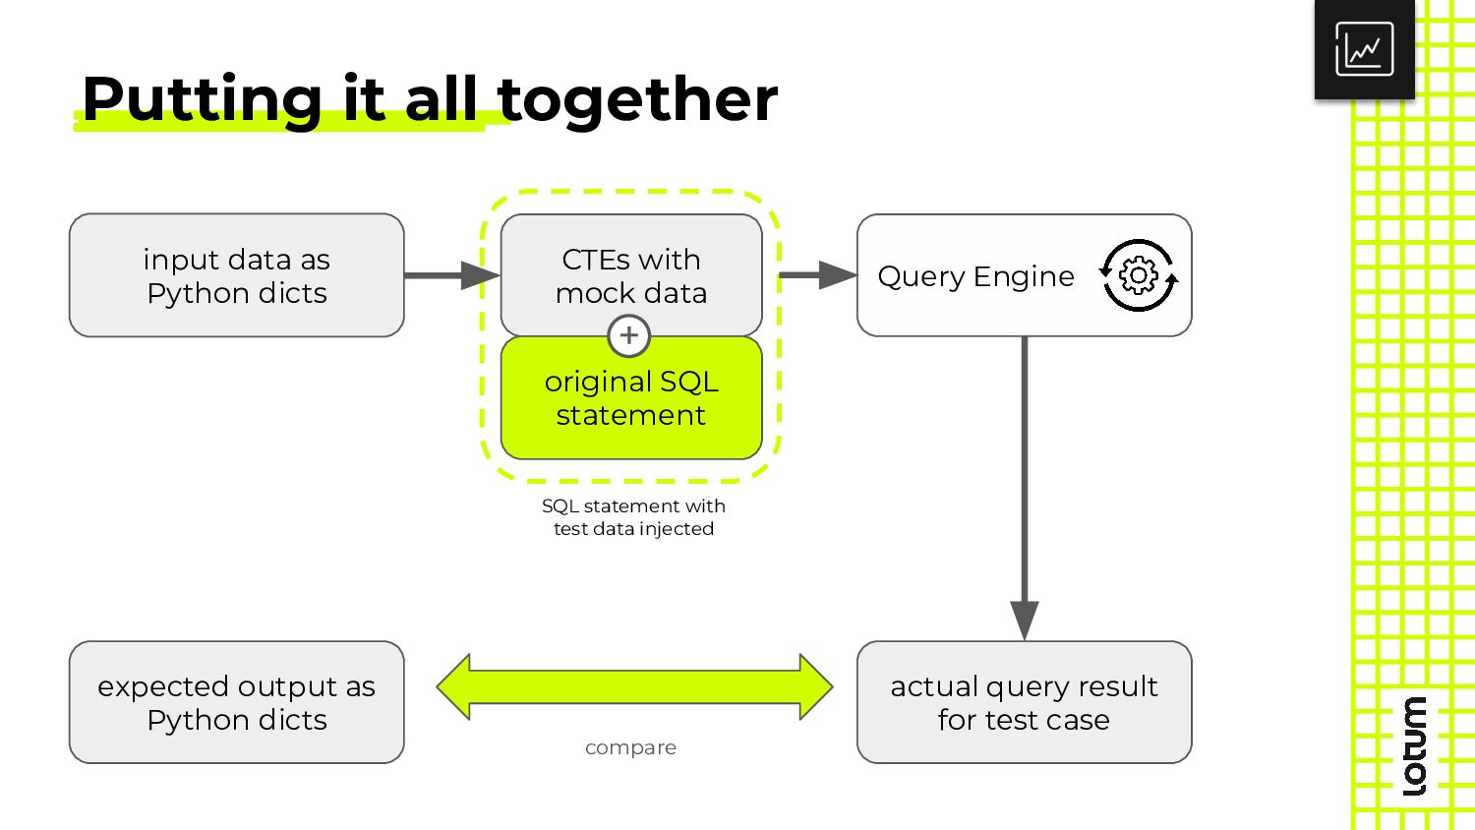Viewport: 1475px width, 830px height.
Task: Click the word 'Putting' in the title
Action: point(202,99)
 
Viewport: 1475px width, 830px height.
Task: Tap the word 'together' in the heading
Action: point(637,99)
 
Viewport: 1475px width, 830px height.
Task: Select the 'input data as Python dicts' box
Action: point(236,275)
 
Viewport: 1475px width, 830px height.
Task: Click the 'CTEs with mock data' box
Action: point(631,275)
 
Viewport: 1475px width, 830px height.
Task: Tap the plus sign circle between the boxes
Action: point(629,336)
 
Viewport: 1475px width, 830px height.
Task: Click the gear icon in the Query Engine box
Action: point(1139,275)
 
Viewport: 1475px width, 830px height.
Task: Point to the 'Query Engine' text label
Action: point(975,276)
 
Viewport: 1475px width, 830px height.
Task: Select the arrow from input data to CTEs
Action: point(452,275)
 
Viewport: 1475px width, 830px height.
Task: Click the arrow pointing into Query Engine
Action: point(818,275)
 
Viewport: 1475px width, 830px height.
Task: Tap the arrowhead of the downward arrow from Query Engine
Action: point(1025,620)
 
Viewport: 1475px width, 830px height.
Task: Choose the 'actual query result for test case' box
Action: point(1024,702)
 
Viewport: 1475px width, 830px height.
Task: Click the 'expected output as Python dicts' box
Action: point(236,702)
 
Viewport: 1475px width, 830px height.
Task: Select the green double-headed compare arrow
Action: point(634,687)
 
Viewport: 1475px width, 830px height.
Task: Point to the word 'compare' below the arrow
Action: point(631,748)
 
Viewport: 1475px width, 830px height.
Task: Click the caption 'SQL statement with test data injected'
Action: point(633,517)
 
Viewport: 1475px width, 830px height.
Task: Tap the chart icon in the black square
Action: point(1365,49)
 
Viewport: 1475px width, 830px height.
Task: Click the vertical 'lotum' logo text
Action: point(1414,745)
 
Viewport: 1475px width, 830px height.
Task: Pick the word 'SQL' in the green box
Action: point(688,383)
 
